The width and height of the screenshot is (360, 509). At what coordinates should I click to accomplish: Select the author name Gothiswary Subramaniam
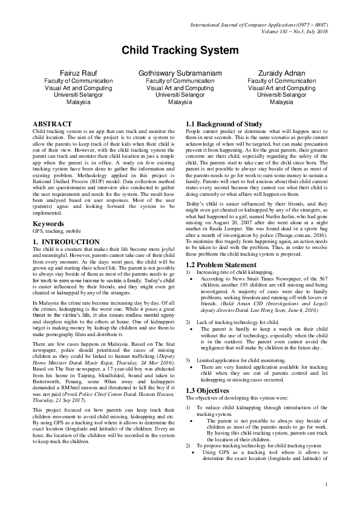click(180, 72)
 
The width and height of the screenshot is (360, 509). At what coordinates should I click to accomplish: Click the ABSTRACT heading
click(51, 123)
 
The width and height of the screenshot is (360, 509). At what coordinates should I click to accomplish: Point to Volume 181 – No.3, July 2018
click(289, 31)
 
